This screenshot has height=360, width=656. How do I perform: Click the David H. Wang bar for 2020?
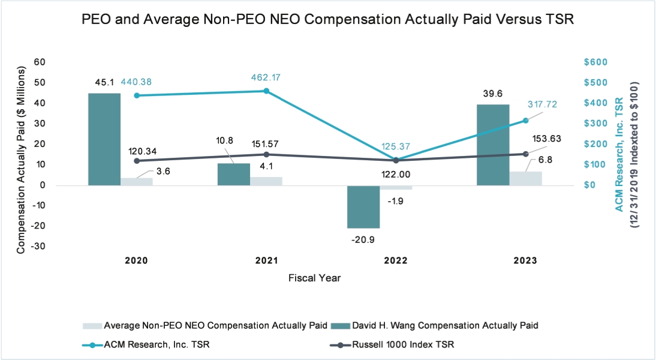[104, 139]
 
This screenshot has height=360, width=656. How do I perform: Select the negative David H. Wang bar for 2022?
[363, 206]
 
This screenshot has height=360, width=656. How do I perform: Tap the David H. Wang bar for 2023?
[493, 145]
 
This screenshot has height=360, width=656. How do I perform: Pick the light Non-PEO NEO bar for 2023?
[525, 178]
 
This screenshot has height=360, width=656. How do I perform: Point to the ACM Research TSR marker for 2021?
[266, 91]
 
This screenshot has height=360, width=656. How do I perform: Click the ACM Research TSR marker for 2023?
[525, 120]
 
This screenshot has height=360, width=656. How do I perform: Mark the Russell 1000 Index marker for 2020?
[137, 161]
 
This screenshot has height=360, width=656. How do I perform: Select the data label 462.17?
[266, 77]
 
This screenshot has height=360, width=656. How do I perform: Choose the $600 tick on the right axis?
[596, 62]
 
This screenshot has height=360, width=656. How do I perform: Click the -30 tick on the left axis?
[38, 247]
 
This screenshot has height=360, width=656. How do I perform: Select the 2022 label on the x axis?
[396, 261]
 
